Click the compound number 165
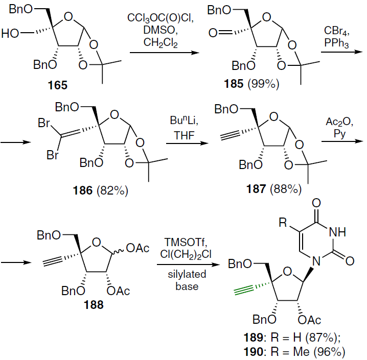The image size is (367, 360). pyautogui.click(x=57, y=85)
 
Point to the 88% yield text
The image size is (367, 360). pyautogui.click(x=287, y=190)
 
